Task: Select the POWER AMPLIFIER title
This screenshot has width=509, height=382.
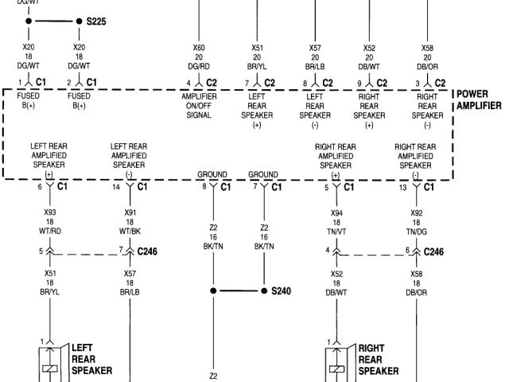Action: [479, 99]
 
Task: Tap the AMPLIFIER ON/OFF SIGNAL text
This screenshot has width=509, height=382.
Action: [198, 106]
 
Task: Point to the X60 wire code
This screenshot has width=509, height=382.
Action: [198, 48]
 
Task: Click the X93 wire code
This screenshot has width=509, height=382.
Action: [49, 212]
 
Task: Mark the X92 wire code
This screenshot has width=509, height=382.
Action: [416, 212]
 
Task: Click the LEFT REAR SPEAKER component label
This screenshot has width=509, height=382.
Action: [91, 358]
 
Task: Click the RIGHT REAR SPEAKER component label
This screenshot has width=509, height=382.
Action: [379, 358]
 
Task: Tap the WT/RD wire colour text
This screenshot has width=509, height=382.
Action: [49, 231]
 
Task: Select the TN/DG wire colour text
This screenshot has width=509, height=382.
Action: [416, 231]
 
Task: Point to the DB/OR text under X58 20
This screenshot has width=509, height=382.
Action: [428, 66]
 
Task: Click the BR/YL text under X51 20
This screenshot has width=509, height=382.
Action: [258, 66]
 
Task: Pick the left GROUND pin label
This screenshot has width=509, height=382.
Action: [213, 174]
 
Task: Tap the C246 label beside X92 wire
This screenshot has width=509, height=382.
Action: [433, 251]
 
